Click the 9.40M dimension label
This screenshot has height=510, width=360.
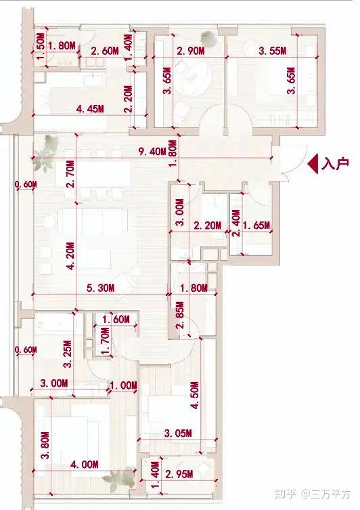point(152,151)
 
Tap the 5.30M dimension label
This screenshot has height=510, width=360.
point(100,288)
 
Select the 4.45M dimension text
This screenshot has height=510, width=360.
point(90,109)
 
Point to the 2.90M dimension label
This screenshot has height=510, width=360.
point(190,51)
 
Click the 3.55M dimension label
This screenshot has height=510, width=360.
point(272,51)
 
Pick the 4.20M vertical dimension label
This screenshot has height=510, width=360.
point(70,256)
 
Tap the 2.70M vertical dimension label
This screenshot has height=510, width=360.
point(70,173)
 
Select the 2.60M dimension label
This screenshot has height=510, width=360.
point(105,51)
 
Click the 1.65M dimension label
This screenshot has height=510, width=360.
point(256,225)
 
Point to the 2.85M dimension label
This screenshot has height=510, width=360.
point(181,315)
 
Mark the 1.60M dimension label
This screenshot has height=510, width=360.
point(116,320)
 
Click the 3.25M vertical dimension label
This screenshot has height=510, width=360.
point(67,354)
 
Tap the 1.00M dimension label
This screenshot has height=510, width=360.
point(123,385)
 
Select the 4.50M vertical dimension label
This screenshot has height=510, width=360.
point(195,395)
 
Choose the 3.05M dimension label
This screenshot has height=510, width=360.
point(178,433)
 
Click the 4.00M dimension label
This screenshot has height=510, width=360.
point(84,464)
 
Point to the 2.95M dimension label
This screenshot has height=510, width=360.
point(179,474)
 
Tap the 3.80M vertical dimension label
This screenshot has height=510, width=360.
point(45,445)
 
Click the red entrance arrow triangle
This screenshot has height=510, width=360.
point(313,164)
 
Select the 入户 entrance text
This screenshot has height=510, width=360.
point(336,163)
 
